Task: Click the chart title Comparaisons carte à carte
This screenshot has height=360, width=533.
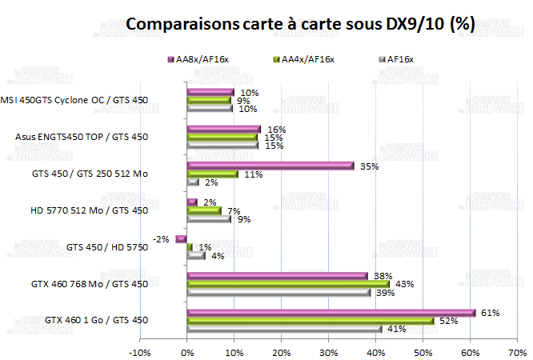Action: [301, 24]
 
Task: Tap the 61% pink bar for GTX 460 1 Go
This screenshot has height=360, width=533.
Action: [331, 313]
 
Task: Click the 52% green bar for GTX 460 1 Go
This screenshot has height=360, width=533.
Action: [310, 321]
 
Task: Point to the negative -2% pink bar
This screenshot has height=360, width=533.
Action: [182, 238]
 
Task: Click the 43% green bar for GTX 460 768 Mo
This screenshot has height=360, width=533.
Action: [288, 284]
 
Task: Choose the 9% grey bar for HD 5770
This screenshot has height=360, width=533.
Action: [209, 218]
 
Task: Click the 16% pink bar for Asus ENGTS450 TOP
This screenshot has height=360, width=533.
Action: [224, 129]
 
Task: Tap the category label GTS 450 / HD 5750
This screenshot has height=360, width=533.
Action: [107, 247]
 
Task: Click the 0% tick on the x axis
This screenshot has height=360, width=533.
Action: [186, 351]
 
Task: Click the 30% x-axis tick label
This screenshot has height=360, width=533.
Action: [328, 351]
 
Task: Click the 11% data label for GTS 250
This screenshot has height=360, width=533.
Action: [253, 174]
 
